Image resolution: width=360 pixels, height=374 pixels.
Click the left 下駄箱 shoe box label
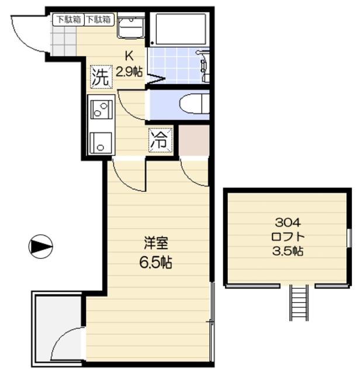pyautogui.click(x=68, y=19)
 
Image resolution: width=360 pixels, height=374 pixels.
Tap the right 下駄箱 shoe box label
pyautogui.click(x=99, y=19)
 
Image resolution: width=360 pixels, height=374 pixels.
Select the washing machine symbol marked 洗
pyautogui.click(x=101, y=77)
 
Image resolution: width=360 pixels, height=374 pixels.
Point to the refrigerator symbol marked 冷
pyautogui.click(x=160, y=140)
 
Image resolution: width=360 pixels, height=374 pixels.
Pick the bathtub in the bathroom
pyautogui.click(x=181, y=29)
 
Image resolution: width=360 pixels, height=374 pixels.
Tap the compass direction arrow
pyautogui.click(x=40, y=247)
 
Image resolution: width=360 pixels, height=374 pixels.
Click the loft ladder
pyautogui.click(x=299, y=303)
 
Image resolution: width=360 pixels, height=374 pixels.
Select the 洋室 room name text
pyautogui.click(x=156, y=243)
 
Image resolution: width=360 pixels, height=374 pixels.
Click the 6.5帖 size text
pyautogui.click(x=155, y=262)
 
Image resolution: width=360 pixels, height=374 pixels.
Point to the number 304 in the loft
pyautogui.click(x=288, y=223)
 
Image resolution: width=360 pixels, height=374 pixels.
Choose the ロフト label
pyautogui.click(x=288, y=237)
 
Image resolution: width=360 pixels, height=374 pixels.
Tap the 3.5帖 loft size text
pyautogui.click(x=288, y=251)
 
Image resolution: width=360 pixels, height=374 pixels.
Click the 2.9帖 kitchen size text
pyautogui.click(x=129, y=71)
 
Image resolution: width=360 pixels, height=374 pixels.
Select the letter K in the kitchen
pyautogui.click(x=129, y=56)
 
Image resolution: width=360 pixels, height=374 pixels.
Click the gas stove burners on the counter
pyautogui.click(x=101, y=109)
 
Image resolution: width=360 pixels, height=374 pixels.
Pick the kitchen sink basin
pyautogui.click(x=101, y=143)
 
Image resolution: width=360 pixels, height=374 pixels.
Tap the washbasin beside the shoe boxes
pyautogui.click(x=131, y=27)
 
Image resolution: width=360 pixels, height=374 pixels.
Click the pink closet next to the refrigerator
pyautogui.click(x=194, y=140)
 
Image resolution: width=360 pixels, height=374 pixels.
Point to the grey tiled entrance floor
pyautogui.click(x=64, y=41)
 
